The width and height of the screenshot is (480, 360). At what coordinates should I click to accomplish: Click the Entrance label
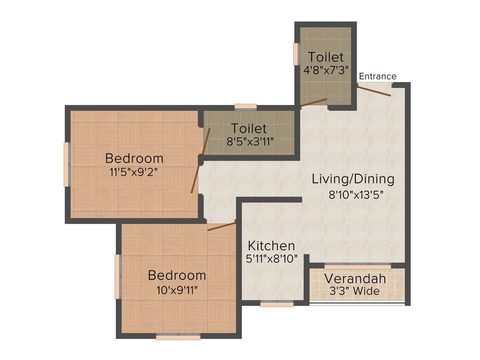(x=377, y=76)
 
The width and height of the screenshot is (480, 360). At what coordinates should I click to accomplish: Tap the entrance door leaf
(x=374, y=90)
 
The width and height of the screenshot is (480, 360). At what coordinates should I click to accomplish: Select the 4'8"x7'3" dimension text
(x=325, y=70)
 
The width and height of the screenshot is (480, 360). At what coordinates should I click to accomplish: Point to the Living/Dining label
(x=353, y=179)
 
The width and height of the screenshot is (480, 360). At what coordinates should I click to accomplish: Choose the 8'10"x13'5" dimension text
(x=356, y=195)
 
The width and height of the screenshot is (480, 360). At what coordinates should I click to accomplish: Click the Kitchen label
(x=271, y=246)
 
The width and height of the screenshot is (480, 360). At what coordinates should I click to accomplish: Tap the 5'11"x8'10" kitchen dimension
(x=271, y=259)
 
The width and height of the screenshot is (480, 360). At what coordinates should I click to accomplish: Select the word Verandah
(x=355, y=278)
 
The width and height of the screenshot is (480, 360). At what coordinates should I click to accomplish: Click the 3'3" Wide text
(x=355, y=291)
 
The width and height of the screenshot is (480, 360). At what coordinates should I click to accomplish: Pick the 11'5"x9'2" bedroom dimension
(x=133, y=172)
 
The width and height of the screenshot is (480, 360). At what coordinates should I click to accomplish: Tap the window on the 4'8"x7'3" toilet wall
(x=296, y=54)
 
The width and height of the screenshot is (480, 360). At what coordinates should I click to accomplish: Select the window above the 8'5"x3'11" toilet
(x=246, y=106)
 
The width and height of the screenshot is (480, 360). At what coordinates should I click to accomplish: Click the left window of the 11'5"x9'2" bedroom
(x=67, y=164)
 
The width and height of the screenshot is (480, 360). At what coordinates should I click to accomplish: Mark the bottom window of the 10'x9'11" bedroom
(x=178, y=336)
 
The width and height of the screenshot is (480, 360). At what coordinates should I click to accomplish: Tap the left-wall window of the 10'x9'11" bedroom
(x=118, y=277)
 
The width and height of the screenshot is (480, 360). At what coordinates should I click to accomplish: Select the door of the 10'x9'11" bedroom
(x=221, y=227)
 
